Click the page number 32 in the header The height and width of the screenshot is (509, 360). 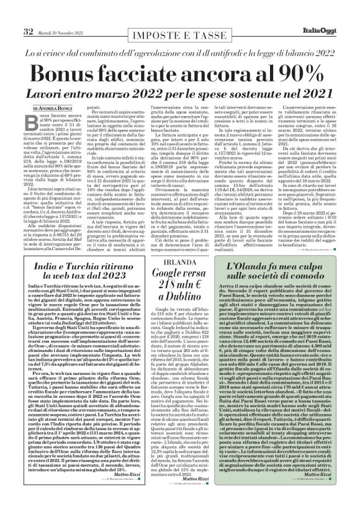tap(11, 14)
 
